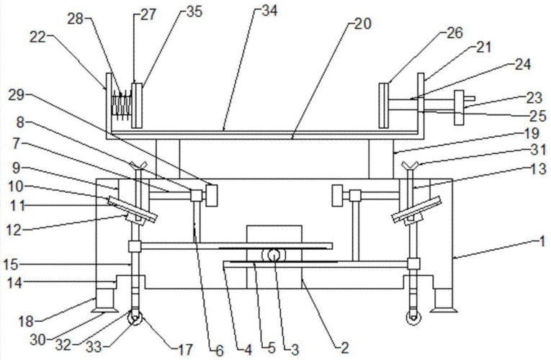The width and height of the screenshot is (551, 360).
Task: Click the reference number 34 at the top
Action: tap(268, 11)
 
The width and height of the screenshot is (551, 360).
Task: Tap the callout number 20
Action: tap(362, 24)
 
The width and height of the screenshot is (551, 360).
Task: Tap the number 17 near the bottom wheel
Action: tap(184, 350)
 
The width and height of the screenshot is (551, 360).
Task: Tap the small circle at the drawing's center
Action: tap(274, 254)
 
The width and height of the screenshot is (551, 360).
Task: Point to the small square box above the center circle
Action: tap(274, 235)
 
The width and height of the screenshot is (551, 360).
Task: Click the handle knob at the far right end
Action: tap(458, 107)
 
